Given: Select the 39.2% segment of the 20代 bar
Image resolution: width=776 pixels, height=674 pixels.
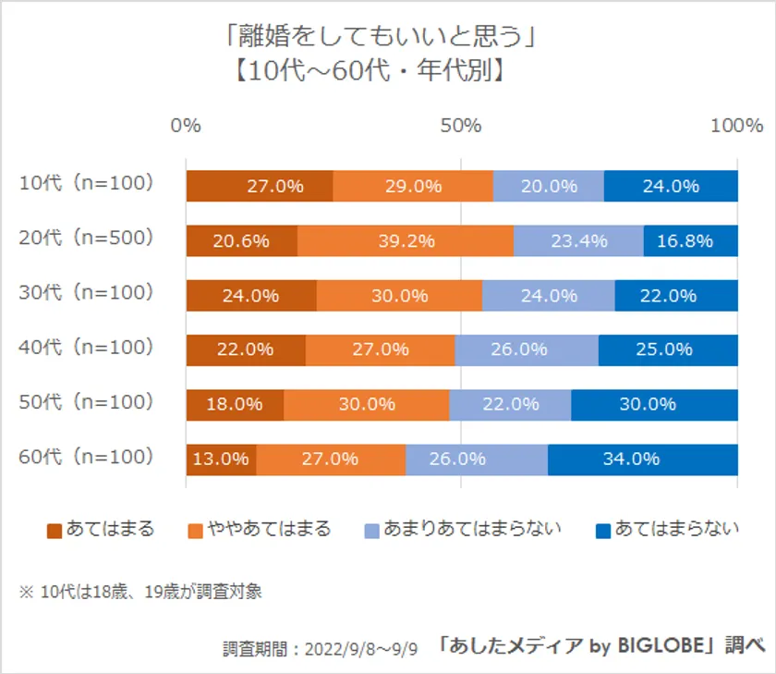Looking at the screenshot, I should (406, 240).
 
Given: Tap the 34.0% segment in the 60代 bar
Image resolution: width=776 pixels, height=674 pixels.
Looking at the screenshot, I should (643, 459).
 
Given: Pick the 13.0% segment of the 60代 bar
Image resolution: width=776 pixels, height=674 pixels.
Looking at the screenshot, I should (222, 459).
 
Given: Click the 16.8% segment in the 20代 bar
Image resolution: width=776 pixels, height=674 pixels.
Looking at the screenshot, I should (691, 240).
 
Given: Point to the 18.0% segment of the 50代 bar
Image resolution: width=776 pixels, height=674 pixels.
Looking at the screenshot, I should (235, 404).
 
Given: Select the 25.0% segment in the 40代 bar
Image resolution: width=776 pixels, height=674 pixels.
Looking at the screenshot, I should (668, 349).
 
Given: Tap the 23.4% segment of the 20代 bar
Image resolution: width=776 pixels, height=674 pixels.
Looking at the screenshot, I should (578, 240).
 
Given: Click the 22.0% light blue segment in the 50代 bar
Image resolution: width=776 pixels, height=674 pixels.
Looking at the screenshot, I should (510, 404).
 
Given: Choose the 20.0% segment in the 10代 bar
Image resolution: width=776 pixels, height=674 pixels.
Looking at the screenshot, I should (549, 186).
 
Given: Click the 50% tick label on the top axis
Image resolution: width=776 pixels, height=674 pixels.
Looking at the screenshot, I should (461, 126).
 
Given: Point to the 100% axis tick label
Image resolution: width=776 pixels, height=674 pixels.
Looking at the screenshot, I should (736, 126).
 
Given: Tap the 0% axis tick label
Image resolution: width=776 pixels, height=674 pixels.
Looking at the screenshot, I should (187, 126).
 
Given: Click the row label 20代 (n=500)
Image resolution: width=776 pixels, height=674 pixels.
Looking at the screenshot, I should (85, 239).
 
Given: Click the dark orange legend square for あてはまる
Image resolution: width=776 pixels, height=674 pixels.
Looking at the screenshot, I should (55, 531).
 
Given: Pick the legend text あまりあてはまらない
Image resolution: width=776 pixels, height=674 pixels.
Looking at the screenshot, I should (473, 530).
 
